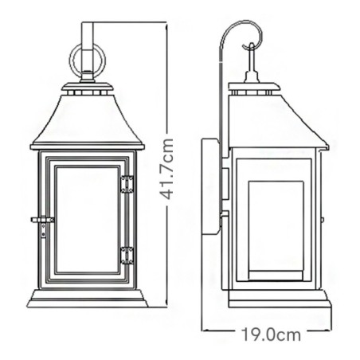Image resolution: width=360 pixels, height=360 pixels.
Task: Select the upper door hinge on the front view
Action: click(x=127, y=184)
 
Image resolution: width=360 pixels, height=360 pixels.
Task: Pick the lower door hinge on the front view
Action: click(x=127, y=255)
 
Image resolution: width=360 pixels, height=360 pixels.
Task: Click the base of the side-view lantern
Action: click(x=277, y=299)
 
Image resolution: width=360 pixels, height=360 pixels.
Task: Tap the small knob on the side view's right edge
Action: click(x=323, y=221)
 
